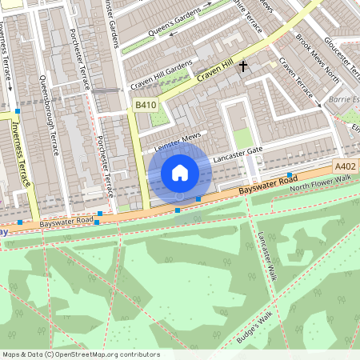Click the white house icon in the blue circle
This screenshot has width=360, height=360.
(x=180, y=172)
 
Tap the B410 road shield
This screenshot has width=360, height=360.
(x=145, y=105)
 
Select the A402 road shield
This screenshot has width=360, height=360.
(x=345, y=166)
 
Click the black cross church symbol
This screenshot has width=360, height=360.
(x=242, y=67)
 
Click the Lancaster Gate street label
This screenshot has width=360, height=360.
(x=238, y=151)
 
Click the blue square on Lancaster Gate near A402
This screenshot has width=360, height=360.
(x=290, y=174)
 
